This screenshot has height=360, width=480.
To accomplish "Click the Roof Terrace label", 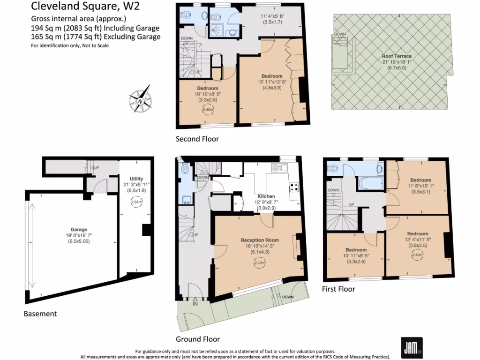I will click(396, 56).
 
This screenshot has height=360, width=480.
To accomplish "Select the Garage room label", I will click(79, 230).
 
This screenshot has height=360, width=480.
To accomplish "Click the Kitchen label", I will click(266, 196).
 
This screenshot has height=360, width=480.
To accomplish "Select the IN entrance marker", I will click(195, 303).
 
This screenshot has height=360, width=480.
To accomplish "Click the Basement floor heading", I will click(40, 314).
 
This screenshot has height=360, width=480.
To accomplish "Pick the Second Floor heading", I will click(197, 139).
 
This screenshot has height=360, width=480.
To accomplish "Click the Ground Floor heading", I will click(197, 339).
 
